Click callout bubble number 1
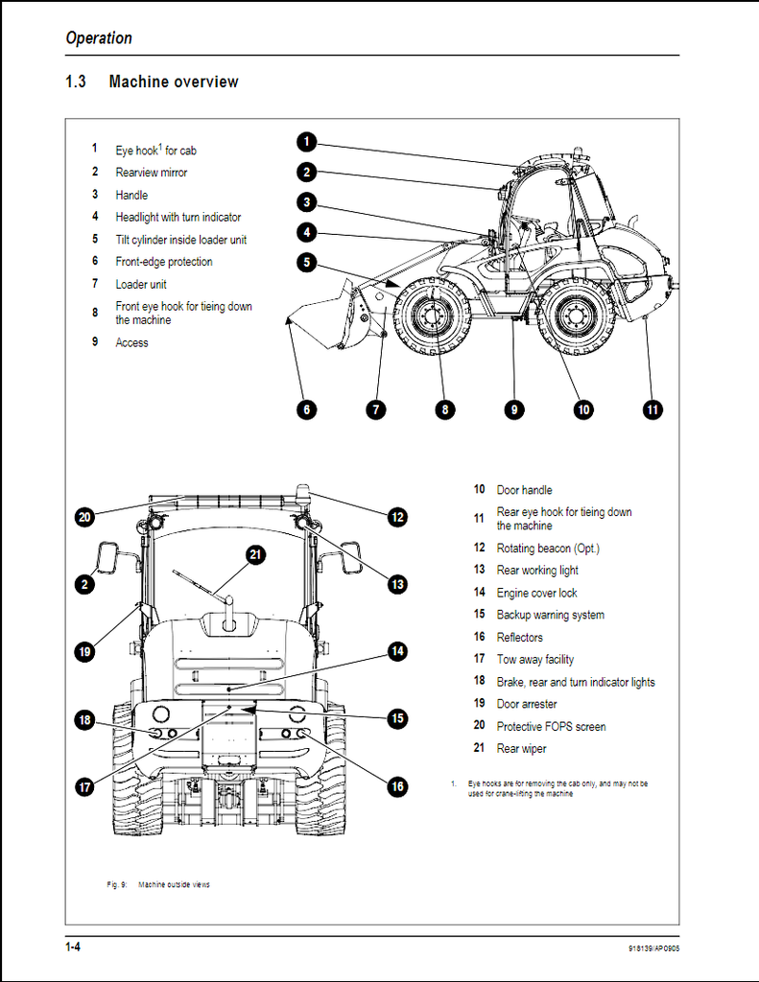pyautogui.click(x=306, y=143)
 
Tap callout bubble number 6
pyautogui.click(x=306, y=409)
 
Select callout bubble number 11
pyautogui.click(x=652, y=409)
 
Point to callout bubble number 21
pyautogui.click(x=254, y=554)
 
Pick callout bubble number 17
pyautogui.click(x=84, y=786)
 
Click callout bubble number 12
pyautogui.click(x=397, y=516)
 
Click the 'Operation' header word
pyautogui.click(x=99, y=38)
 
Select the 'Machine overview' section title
pyautogui.click(x=174, y=82)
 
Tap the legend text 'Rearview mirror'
pyautogui.click(x=152, y=173)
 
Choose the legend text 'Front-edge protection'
pyautogui.click(x=164, y=262)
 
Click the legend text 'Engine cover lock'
pyautogui.click(x=536, y=593)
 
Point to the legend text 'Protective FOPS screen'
pyautogui.click(x=551, y=727)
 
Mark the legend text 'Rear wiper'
pyautogui.click(x=521, y=749)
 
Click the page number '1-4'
pyautogui.click(x=73, y=948)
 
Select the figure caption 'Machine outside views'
pyautogui.click(x=174, y=884)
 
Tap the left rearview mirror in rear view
pyautogui.click(x=107, y=558)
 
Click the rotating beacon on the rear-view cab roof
pyautogui.click(x=303, y=494)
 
